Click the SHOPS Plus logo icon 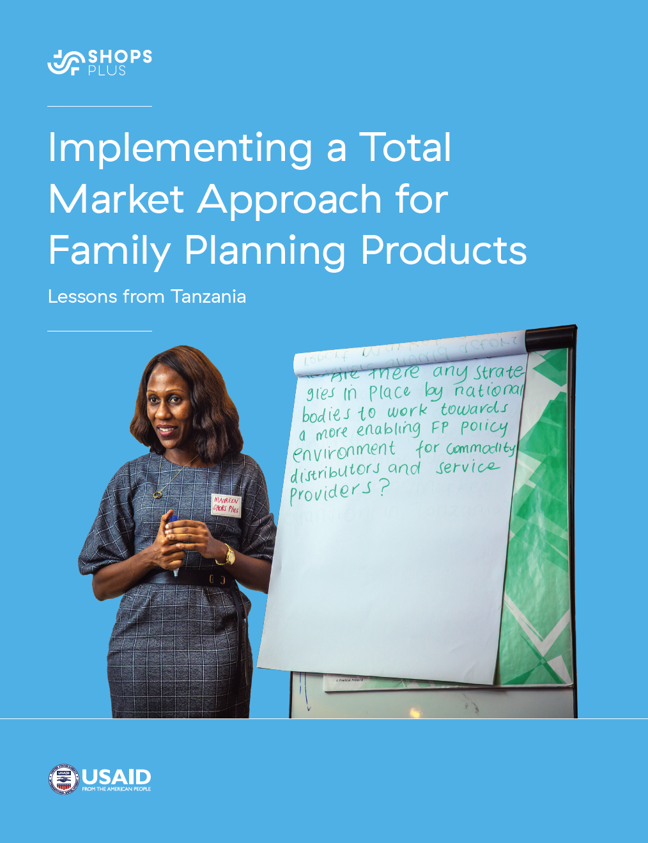pyautogui.click(x=66, y=63)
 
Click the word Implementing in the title pyautogui.click(x=180, y=149)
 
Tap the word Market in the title pyautogui.click(x=116, y=199)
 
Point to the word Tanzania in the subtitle pyautogui.click(x=208, y=296)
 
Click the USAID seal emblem pyautogui.click(x=63, y=779)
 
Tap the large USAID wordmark pyautogui.click(x=116, y=777)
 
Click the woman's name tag pyautogui.click(x=226, y=505)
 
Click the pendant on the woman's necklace pyautogui.click(x=157, y=494)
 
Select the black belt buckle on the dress pyautogui.click(x=217, y=580)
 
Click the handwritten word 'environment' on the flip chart pyautogui.click(x=344, y=452)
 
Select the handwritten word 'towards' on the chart pyautogui.click(x=474, y=409)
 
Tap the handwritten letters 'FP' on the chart pyautogui.click(x=440, y=428)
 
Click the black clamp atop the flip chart pyautogui.click(x=550, y=337)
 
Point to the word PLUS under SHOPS pyautogui.click(x=107, y=71)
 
